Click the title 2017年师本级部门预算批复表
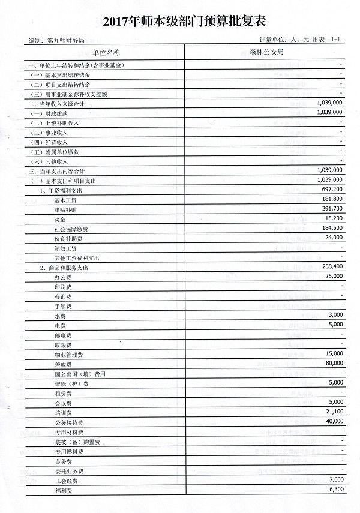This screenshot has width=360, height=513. (x=180, y=23)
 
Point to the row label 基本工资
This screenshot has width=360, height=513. (x=65, y=199)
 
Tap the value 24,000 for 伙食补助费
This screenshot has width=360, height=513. (x=334, y=238)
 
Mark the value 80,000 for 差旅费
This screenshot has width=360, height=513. (x=334, y=364)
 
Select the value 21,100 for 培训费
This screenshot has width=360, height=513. (x=334, y=412)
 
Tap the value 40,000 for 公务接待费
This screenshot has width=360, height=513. (x=334, y=422)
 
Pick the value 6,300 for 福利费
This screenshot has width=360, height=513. (x=335, y=490)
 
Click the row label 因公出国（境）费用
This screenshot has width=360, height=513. (x=79, y=374)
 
